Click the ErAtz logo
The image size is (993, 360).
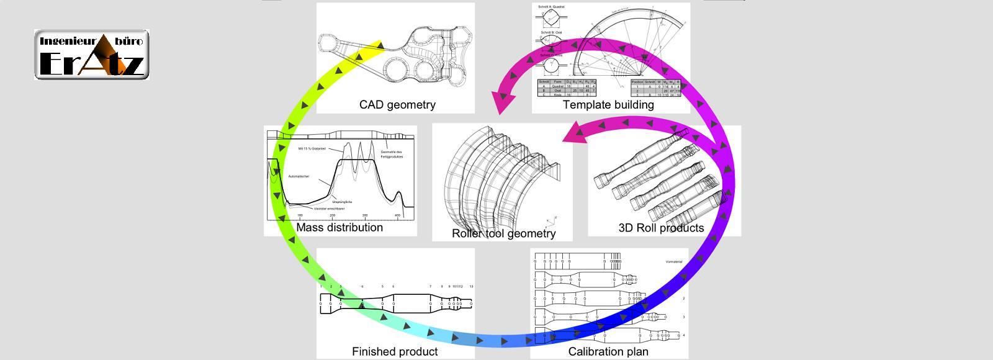pos(92,55)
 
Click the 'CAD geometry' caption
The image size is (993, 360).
pos(397,105)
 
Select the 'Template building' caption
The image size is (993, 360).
pos(608,105)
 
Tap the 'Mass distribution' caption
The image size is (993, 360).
pos(339,228)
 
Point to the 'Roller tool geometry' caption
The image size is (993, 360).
pos(503,234)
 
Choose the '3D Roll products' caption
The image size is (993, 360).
pos(661,228)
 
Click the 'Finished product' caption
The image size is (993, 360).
pos(395,352)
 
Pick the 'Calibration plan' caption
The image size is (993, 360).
pos(608,352)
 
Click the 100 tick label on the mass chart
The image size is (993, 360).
pos(300,216)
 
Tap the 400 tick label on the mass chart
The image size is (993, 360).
pos(398,216)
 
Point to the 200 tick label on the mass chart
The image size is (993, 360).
pos(333,216)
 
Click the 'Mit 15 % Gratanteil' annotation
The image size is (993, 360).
pos(312,149)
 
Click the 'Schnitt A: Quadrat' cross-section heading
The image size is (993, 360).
pos(552,7)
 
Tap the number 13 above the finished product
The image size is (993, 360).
pos(472,287)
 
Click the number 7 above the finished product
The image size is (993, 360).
pos(430,287)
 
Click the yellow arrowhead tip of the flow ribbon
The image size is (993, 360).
pos(380,43)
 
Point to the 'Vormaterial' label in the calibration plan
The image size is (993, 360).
pos(673,262)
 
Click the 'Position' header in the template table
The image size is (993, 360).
pos(637,82)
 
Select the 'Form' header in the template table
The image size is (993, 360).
pos(557,82)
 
